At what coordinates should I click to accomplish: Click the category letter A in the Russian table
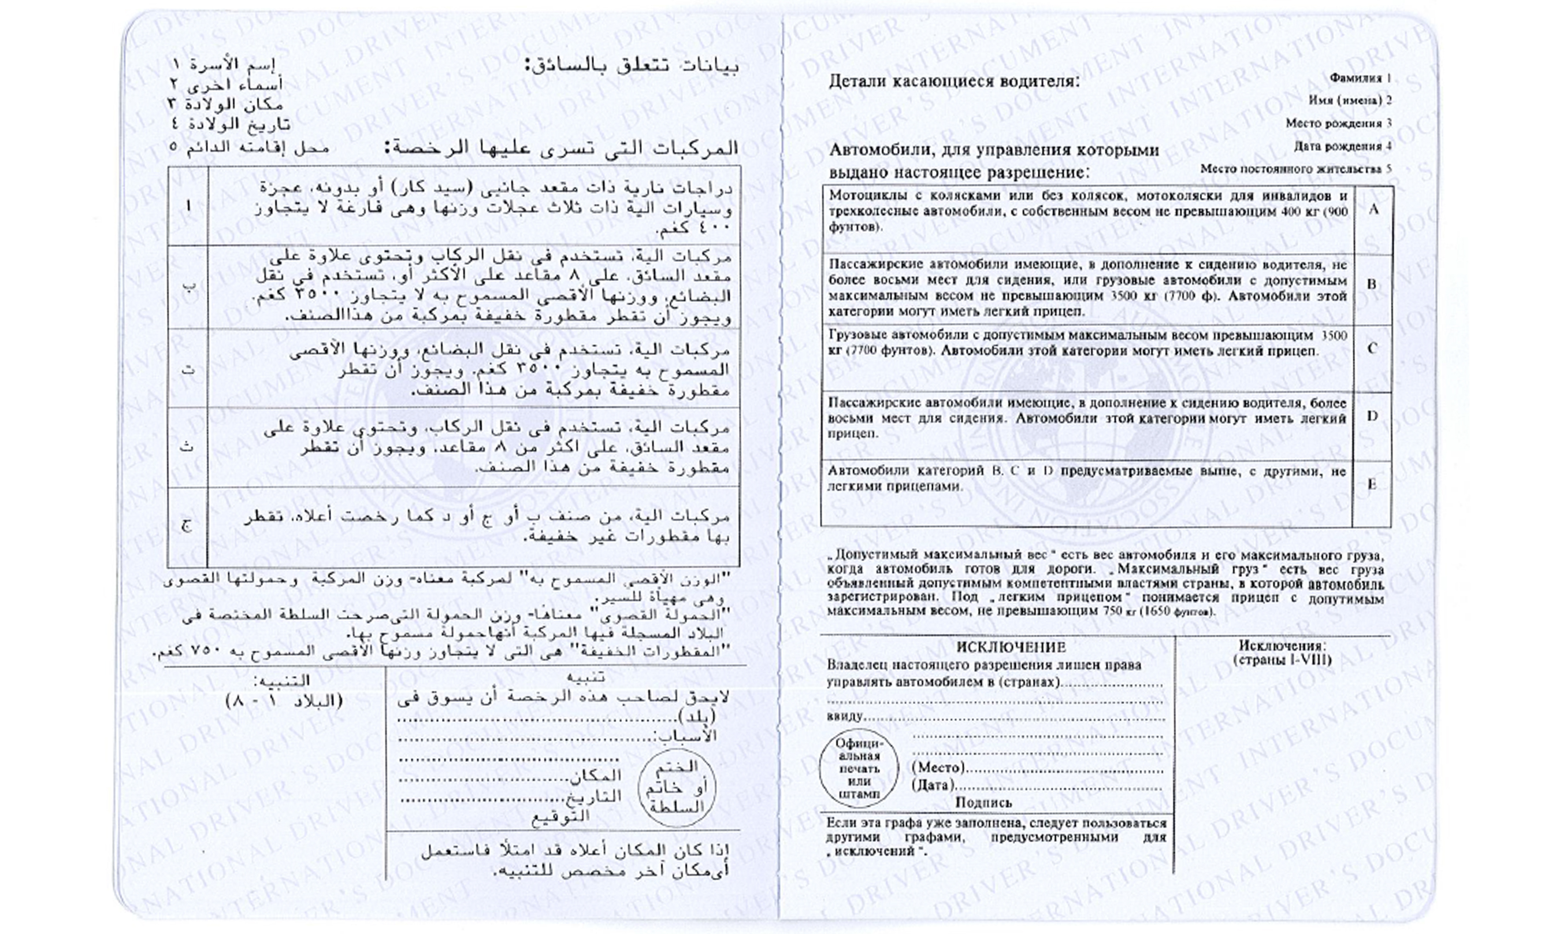pyautogui.click(x=1373, y=209)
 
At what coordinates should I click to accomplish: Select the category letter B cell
pyautogui.click(x=1372, y=284)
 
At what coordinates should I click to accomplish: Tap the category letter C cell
pyautogui.click(x=1372, y=349)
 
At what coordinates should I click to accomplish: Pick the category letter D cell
pyautogui.click(x=1372, y=416)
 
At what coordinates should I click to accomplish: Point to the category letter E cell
pyautogui.click(x=1372, y=484)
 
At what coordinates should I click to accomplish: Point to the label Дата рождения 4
pyautogui.click(x=1343, y=146)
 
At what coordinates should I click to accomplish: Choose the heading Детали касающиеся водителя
pyautogui.click(x=955, y=82)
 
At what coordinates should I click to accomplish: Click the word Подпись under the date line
pyautogui.click(x=983, y=803)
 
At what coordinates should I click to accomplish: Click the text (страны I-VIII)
pyautogui.click(x=1283, y=660)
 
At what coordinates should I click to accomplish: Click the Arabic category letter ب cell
pyautogui.click(x=188, y=287)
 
